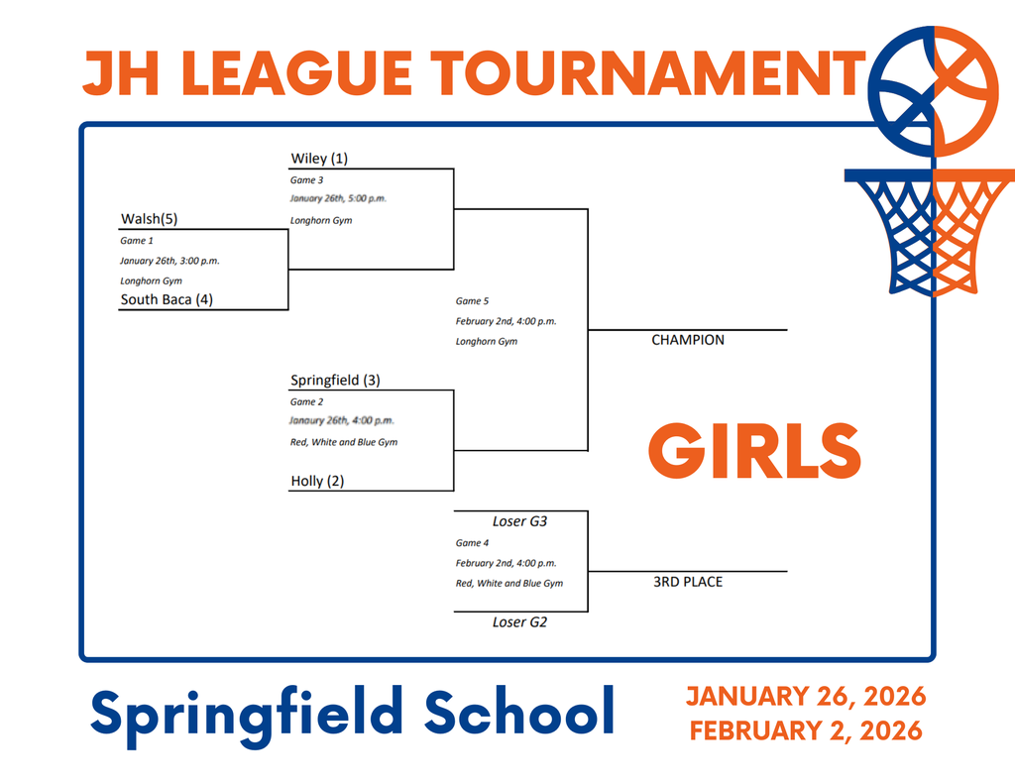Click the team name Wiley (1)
[x=319, y=159]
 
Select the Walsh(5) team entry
[x=149, y=219]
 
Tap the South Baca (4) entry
[x=167, y=299]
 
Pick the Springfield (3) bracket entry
[x=335, y=380]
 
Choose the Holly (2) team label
[x=317, y=481]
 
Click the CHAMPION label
[x=688, y=340]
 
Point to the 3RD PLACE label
[x=688, y=582]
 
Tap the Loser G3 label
[x=520, y=521]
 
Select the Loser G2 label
[x=520, y=622]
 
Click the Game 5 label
[x=472, y=300]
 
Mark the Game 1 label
[x=137, y=241]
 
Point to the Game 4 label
[x=472, y=543]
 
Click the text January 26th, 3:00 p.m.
[x=169, y=261]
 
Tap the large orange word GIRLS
[x=754, y=452]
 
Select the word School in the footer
[x=519, y=712]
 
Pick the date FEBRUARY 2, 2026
[x=806, y=731]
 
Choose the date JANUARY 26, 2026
[x=806, y=696]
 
